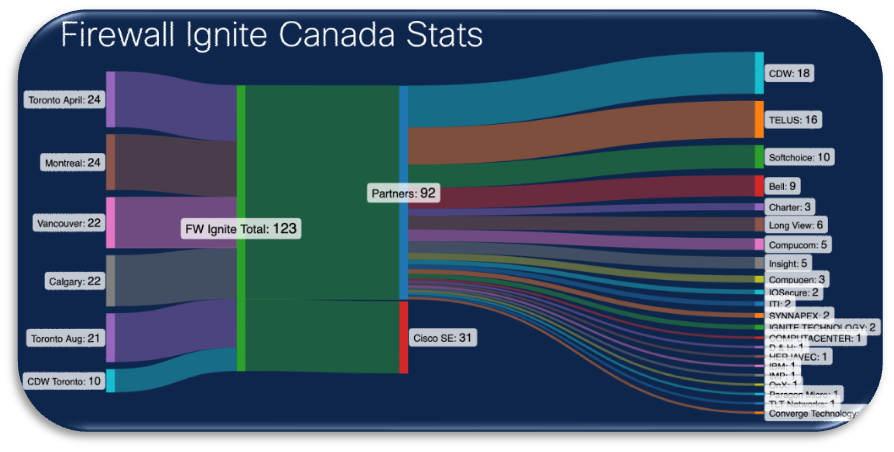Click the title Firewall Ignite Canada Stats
272,35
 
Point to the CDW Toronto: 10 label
63,380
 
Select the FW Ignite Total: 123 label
241,229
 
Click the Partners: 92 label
404,193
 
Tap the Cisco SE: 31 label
443,338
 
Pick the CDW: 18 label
789,74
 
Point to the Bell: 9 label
781,186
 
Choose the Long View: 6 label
796,225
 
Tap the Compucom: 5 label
798,244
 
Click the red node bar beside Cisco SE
403,337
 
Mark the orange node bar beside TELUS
759,119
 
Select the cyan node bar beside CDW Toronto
111,380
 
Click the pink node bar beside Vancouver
111,222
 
